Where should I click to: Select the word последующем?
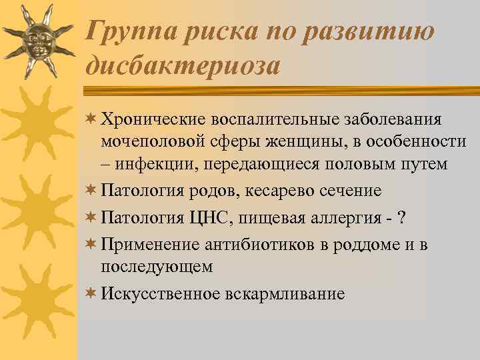point(157,267)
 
